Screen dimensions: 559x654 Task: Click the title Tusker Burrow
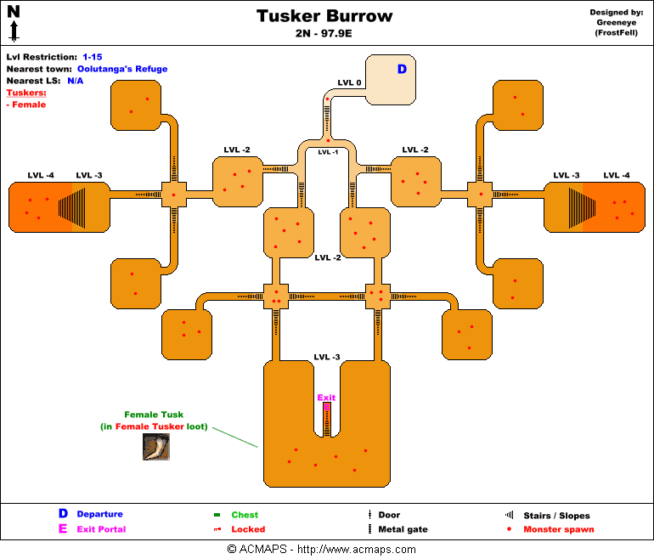(325, 16)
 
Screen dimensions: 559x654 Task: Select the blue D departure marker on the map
(402, 69)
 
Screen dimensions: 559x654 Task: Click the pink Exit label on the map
(326, 398)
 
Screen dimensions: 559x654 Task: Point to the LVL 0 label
(349, 82)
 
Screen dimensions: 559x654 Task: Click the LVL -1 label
(328, 152)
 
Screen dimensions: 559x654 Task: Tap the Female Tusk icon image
(155, 447)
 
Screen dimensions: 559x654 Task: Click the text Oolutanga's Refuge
(122, 69)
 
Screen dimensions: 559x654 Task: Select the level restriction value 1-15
(93, 57)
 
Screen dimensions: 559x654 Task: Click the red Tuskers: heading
(26, 93)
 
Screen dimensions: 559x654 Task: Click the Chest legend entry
(245, 515)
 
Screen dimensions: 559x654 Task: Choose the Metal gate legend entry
(403, 529)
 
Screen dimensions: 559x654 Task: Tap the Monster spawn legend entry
(558, 529)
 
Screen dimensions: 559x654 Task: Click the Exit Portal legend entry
(101, 529)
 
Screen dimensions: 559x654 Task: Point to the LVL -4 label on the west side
(41, 175)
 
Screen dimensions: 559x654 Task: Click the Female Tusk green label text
(154, 415)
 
